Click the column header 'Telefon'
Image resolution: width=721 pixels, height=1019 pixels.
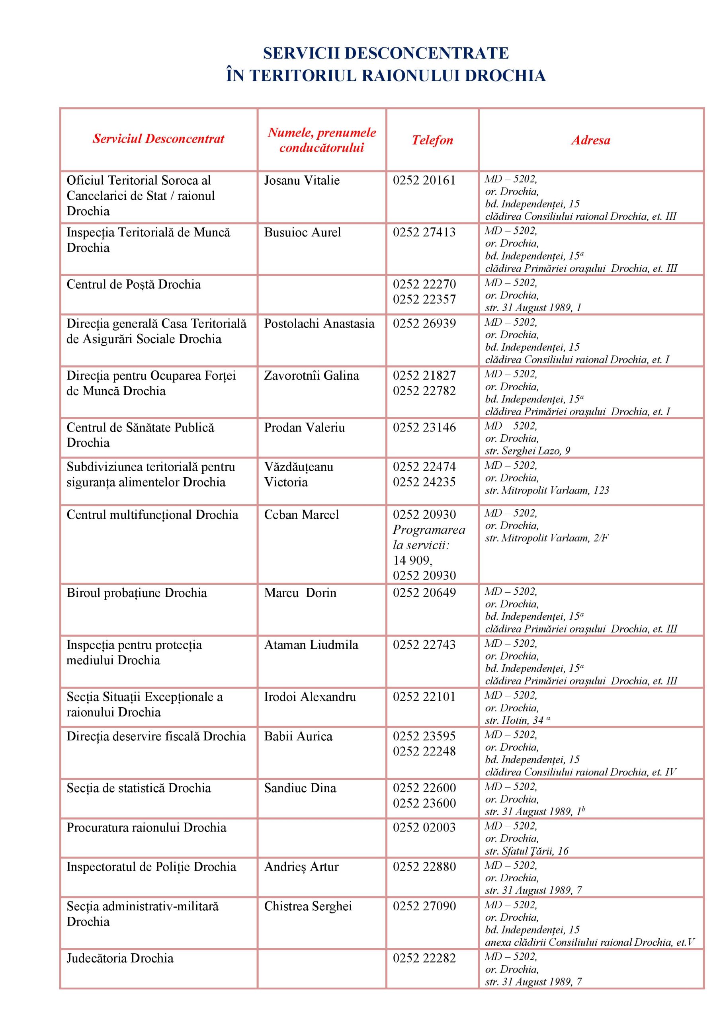432,140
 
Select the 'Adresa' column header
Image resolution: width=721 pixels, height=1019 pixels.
590,140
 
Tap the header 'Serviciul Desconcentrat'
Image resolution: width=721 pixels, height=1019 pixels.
158,139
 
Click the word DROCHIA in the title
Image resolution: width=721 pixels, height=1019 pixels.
505,76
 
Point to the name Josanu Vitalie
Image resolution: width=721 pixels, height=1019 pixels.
302,181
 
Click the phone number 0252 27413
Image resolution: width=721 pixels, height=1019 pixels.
424,232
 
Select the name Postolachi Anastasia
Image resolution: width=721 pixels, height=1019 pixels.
319,324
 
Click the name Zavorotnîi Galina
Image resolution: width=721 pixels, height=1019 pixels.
311,376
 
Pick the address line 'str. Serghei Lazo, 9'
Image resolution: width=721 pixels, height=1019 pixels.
528,451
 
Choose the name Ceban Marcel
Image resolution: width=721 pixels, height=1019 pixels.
301,515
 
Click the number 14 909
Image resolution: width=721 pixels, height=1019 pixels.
412,560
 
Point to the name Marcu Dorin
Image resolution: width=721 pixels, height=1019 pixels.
300,593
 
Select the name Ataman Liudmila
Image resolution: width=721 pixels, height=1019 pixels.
311,645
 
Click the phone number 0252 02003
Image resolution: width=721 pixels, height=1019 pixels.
424,828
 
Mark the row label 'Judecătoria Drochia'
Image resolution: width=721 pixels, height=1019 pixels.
120,958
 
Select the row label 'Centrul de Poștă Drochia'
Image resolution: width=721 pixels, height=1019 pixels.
134,285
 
